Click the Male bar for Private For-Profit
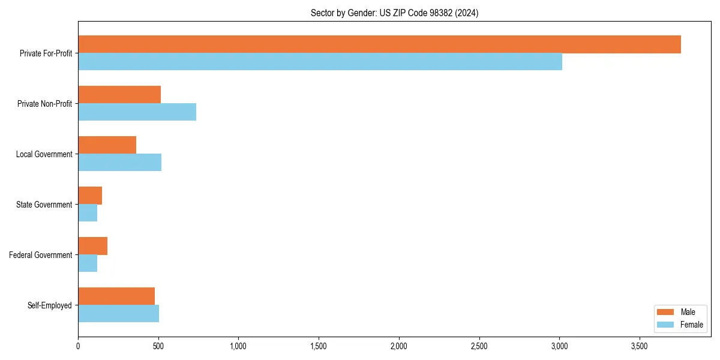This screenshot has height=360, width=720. click(x=379, y=44)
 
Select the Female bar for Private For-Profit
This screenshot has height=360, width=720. click(x=320, y=62)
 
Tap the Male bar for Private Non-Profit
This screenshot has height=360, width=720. click(x=119, y=95)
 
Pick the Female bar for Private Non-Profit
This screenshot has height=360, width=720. click(x=137, y=112)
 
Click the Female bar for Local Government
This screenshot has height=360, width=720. click(x=119, y=163)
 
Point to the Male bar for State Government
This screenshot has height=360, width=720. click(x=90, y=196)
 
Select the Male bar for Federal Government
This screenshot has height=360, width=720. click(x=92, y=246)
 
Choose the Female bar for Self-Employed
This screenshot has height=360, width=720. click(x=118, y=314)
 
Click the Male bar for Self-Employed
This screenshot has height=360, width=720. click(x=116, y=296)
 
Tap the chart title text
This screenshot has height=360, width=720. click(x=394, y=13)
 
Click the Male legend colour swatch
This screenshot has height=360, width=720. click(x=665, y=312)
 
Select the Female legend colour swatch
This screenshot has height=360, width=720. click(x=665, y=325)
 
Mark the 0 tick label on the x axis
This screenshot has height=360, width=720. click(x=78, y=346)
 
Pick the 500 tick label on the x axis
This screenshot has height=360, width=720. click(x=158, y=346)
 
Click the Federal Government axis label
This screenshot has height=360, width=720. click(x=41, y=255)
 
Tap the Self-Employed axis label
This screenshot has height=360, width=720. click(x=50, y=305)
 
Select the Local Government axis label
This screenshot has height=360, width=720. click(x=44, y=154)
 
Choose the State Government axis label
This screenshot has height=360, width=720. click(x=44, y=205)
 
